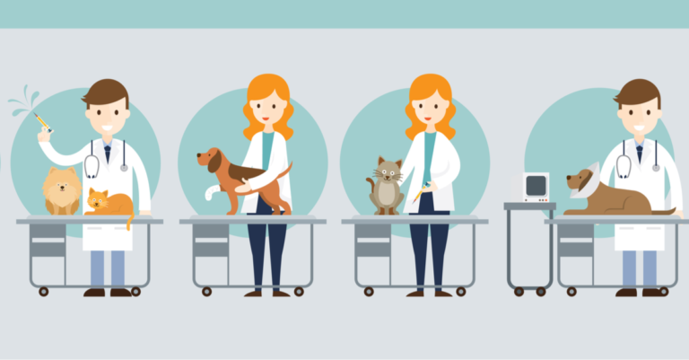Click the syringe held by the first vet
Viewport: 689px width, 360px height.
[40, 121]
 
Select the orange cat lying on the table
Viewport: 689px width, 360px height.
[108, 202]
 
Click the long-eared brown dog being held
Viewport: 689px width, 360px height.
[235, 175]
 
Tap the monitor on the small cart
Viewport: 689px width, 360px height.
[536, 187]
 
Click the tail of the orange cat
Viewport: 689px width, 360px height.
[129, 218]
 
